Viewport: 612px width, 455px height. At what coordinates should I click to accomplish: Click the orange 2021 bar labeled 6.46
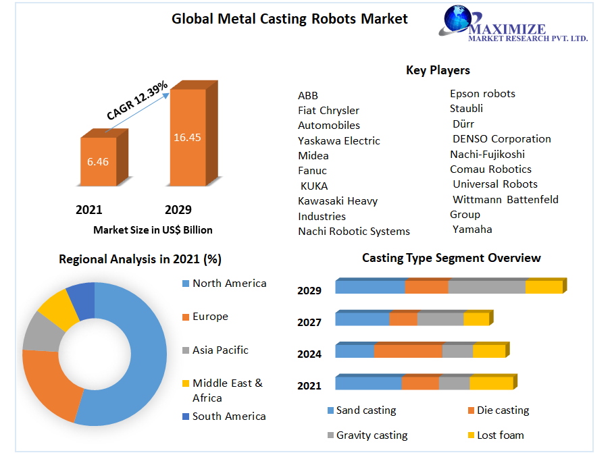tap(98, 162)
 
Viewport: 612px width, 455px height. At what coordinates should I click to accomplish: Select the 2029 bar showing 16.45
tap(187, 138)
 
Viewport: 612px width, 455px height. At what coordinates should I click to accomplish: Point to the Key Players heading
tap(438, 70)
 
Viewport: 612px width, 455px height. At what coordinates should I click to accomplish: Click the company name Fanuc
tap(312, 171)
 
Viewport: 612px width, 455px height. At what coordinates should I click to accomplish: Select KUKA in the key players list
tap(314, 186)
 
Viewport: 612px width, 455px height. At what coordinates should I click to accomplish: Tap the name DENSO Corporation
tap(501, 139)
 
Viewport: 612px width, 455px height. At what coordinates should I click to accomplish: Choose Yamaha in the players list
tap(472, 230)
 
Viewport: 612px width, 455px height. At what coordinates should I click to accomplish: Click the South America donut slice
tap(81, 300)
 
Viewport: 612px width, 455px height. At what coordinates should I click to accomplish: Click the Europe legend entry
tap(210, 317)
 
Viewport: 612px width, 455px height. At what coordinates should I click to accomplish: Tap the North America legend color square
tap(185, 284)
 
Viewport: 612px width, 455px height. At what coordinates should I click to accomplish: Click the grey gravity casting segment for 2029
tap(486, 287)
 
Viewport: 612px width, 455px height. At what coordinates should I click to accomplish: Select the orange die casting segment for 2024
tap(408, 351)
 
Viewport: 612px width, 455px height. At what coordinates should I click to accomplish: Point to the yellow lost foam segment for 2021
tap(491, 383)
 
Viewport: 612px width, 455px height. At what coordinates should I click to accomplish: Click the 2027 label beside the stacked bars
tap(309, 323)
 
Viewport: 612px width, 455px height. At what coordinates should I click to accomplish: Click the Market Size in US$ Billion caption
tap(153, 230)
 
